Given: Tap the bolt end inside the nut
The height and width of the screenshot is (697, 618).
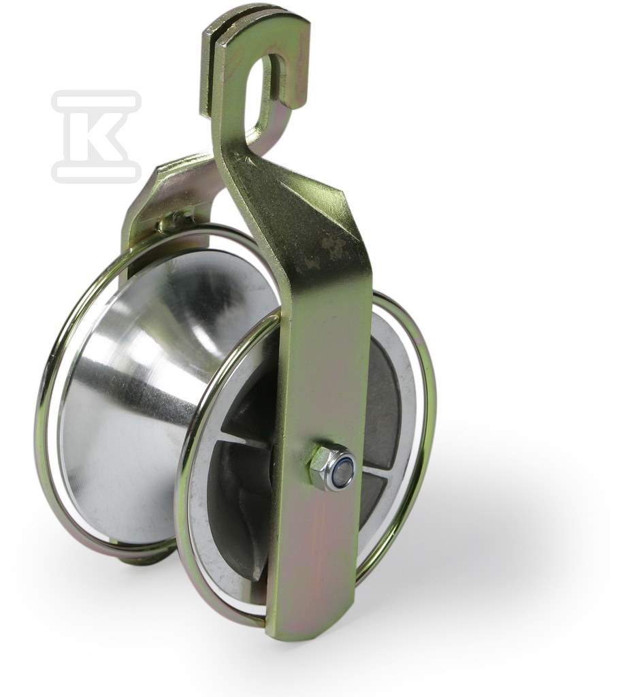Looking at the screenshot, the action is [x=344, y=470].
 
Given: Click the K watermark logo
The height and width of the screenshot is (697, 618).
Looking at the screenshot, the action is [x=96, y=136].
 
